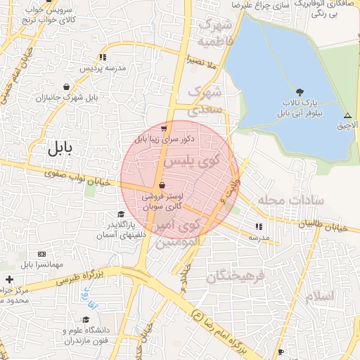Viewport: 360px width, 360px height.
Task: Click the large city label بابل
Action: [x=65, y=148]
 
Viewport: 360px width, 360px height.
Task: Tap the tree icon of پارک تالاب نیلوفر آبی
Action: [x=300, y=92]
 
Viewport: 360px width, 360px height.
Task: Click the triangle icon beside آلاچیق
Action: [x=347, y=115]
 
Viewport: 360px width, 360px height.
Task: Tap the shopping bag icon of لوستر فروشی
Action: [x=163, y=186]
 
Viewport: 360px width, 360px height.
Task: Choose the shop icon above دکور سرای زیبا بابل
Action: [x=165, y=129]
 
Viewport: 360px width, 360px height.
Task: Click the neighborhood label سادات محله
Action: [x=289, y=200]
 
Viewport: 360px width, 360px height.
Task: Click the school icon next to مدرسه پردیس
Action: [x=103, y=57]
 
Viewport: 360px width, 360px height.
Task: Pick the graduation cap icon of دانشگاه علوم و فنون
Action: [x=85, y=319]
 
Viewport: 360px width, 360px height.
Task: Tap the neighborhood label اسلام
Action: [x=320, y=295]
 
